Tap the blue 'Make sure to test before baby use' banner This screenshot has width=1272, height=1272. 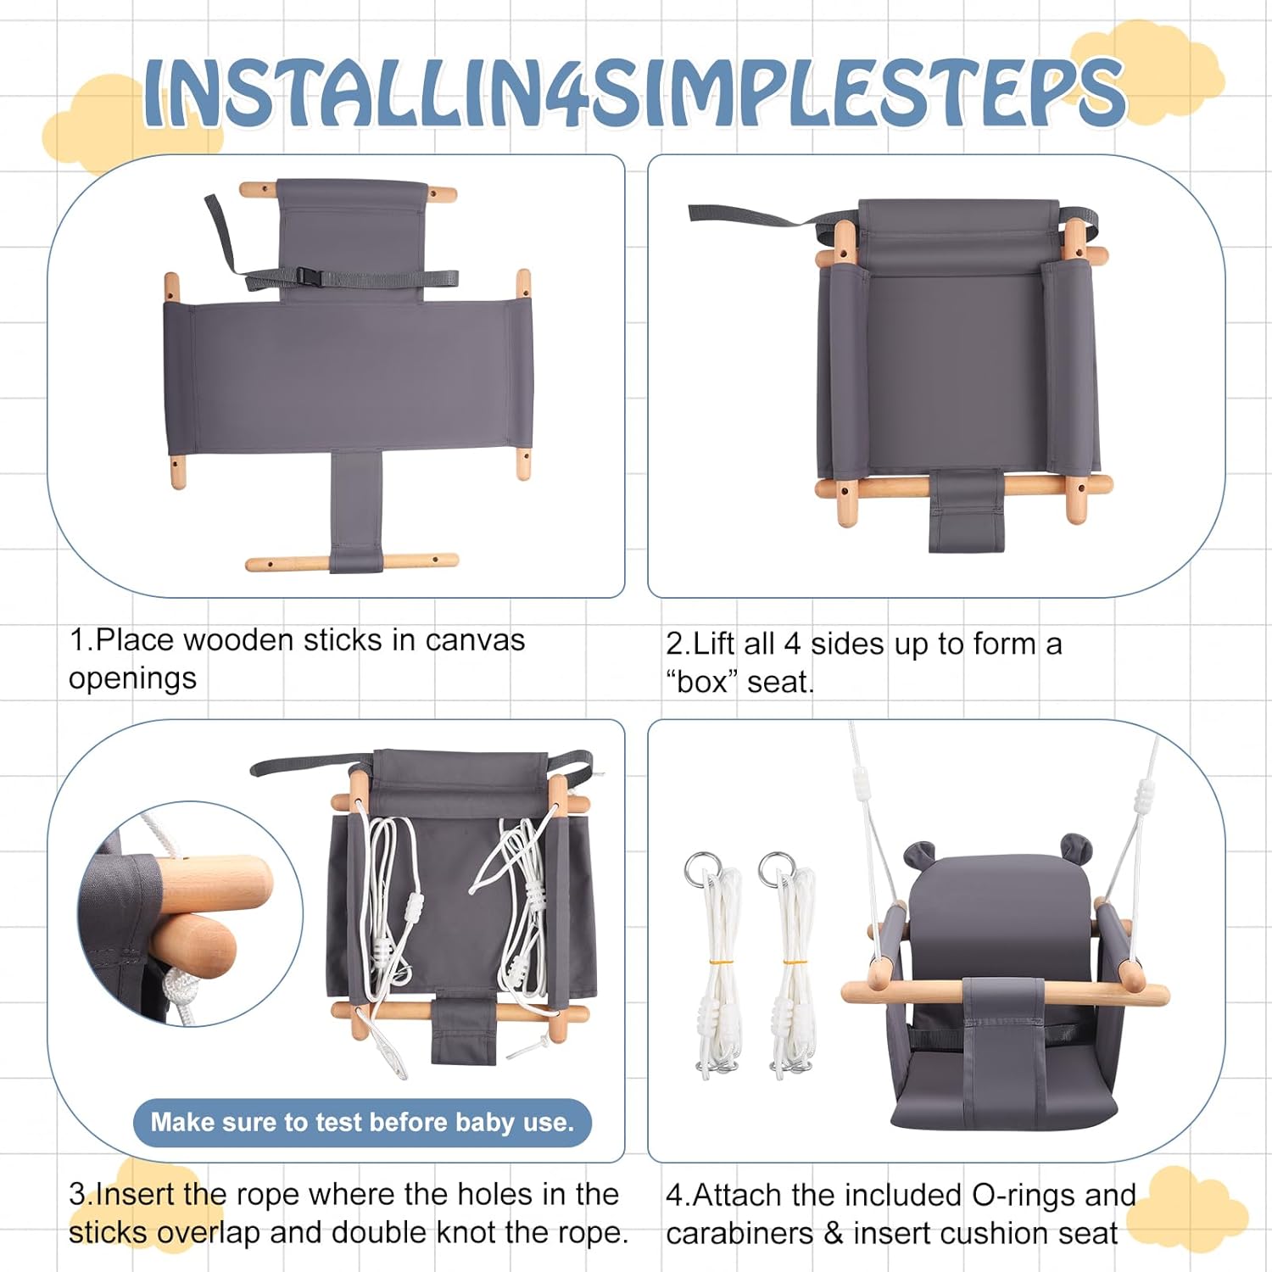click(x=362, y=1123)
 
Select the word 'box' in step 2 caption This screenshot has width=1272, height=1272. click(x=702, y=682)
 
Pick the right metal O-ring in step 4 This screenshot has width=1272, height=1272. click(x=775, y=869)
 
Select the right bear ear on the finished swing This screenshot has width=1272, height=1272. click(x=1074, y=846)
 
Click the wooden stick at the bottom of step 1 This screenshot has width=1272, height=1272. click(x=352, y=561)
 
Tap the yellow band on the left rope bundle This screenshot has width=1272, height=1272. click(x=721, y=963)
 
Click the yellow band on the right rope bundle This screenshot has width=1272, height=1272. click(x=794, y=962)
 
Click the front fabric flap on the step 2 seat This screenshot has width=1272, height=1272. click(x=966, y=510)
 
